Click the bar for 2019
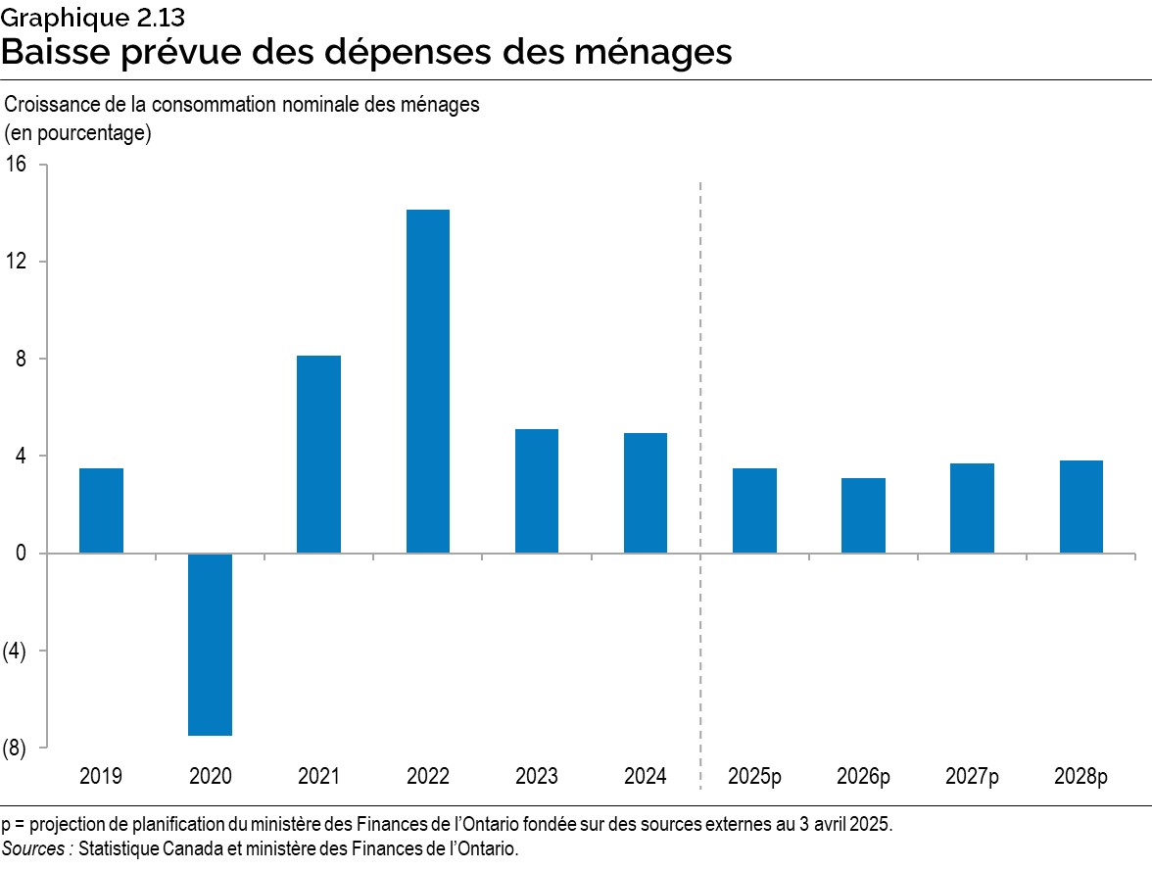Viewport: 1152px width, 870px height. point(101,510)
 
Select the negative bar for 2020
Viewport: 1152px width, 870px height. point(210,644)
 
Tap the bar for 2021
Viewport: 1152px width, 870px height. point(318,454)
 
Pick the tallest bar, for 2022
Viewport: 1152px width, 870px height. point(428,381)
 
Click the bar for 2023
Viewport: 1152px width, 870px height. point(537,491)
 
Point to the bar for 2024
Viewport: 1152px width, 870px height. point(646,493)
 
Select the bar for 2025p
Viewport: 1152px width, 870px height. point(754,510)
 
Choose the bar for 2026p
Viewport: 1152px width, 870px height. point(863,515)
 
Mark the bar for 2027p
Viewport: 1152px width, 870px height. point(972,507)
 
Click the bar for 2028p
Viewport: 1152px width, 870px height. point(1080,507)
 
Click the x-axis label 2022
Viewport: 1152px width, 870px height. point(428,777)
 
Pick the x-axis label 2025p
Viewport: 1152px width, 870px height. point(754,777)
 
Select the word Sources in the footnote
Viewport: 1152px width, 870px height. point(36,848)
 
